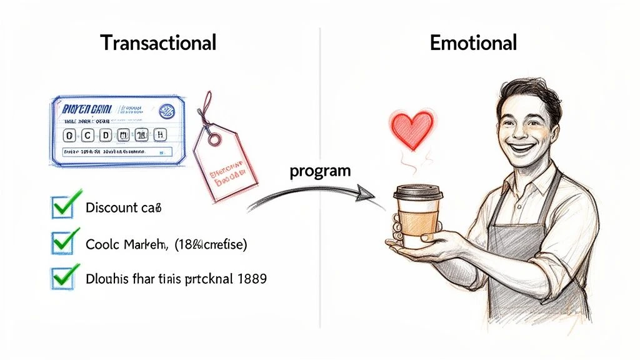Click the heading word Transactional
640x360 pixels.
pyautogui.click(x=158, y=43)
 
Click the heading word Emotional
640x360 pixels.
pyautogui.click(x=473, y=43)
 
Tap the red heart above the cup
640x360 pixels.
pyautogui.click(x=411, y=129)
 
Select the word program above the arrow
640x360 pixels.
pyautogui.click(x=320, y=171)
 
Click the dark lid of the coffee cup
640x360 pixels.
pyautogui.click(x=418, y=192)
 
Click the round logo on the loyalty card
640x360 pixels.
pyautogui.click(x=167, y=112)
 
